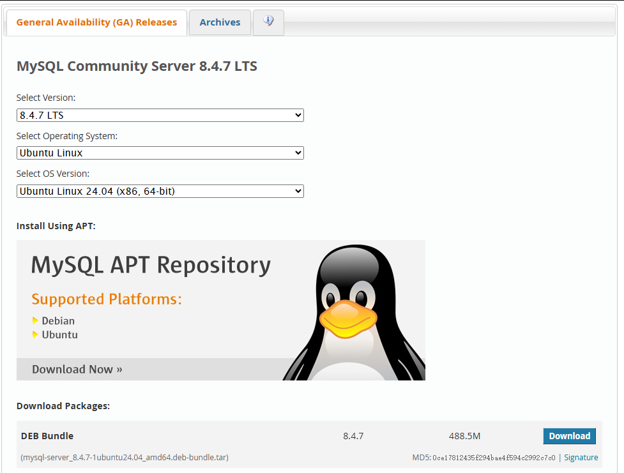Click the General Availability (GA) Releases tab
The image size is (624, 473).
tap(96, 22)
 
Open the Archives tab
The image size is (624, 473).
tap(220, 22)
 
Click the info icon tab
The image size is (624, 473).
tap(268, 21)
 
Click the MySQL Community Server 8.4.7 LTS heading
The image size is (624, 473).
tap(137, 66)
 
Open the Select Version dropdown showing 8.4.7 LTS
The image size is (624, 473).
tap(160, 116)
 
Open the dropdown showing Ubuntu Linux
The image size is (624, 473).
tap(160, 153)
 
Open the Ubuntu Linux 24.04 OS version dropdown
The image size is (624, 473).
tap(160, 191)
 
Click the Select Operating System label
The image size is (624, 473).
tap(67, 136)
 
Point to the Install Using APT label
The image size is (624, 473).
tap(56, 226)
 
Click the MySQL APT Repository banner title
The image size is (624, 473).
tap(151, 264)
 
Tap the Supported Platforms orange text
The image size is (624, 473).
tap(107, 299)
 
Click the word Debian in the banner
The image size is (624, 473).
tap(58, 320)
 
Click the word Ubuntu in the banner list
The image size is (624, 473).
tap(59, 334)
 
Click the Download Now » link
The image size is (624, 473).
tap(77, 369)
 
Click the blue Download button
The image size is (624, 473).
tap(569, 436)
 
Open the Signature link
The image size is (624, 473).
tap(581, 458)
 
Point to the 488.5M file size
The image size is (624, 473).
tap(464, 436)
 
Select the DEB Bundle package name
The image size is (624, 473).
tap(47, 436)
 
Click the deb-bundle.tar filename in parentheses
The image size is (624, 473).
tap(125, 458)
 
